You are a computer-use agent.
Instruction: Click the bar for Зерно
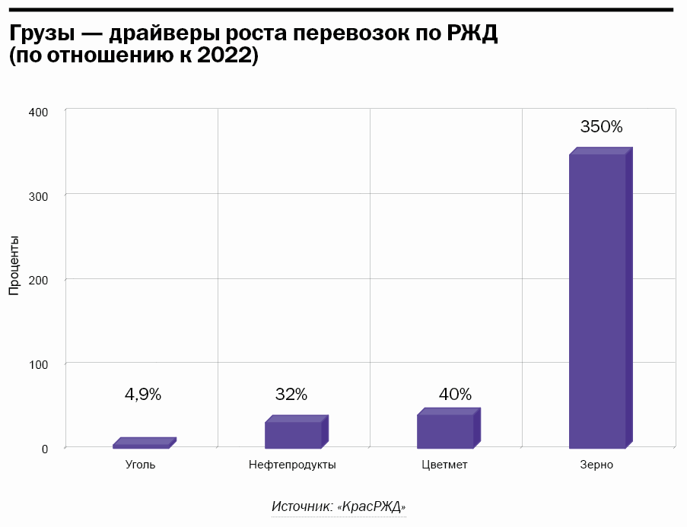597,300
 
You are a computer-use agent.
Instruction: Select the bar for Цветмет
446,430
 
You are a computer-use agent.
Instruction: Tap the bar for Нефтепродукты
294,434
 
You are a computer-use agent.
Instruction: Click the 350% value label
601,127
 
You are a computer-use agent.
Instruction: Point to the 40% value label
455,395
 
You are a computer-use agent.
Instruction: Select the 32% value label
291,395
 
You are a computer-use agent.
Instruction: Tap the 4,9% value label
143,395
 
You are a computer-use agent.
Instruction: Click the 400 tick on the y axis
39,112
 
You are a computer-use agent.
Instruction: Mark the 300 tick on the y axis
39,196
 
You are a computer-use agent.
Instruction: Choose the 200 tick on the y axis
39,280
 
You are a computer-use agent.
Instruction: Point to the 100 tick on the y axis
39,364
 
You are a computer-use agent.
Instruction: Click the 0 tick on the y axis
45,449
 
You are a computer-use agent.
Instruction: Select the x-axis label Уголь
140,465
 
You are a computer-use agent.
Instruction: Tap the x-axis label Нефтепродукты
292,465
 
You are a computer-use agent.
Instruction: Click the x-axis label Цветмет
444,465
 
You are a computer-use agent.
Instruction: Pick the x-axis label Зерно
596,465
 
